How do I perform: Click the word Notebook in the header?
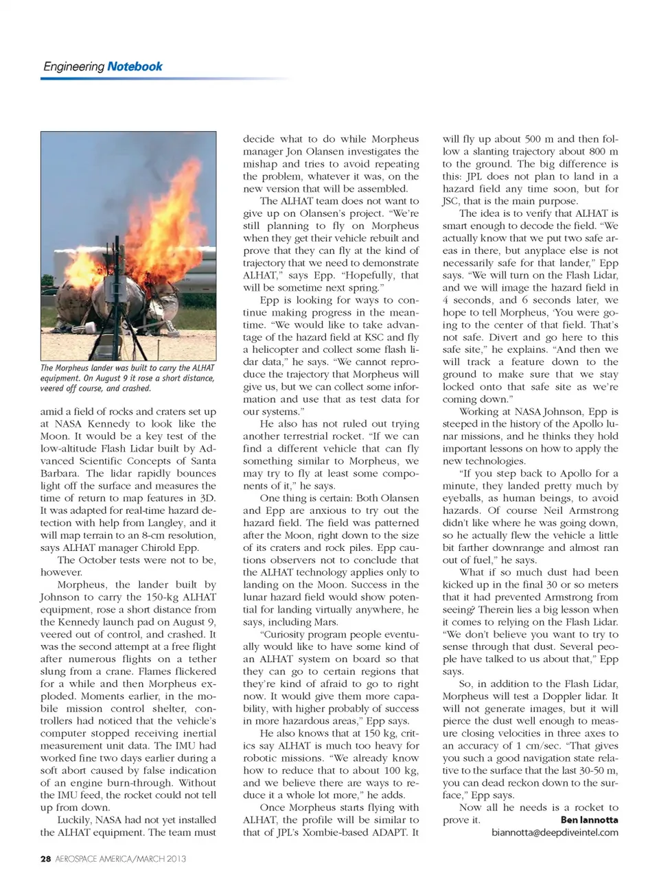tap(135, 67)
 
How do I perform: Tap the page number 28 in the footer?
tap(45, 858)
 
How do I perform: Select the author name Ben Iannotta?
tap(589, 819)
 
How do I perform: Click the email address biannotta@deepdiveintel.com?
tap(555, 832)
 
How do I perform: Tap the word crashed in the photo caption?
tap(136, 388)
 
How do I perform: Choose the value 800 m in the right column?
tap(603, 152)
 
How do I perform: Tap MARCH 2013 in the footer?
tap(161, 858)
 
